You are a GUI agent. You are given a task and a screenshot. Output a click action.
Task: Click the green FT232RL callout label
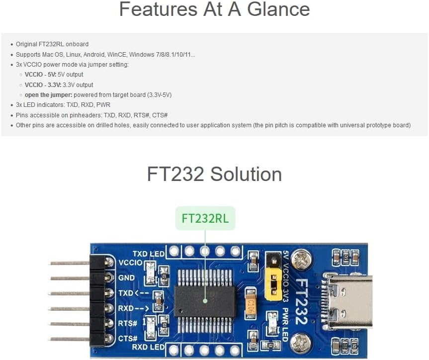205,218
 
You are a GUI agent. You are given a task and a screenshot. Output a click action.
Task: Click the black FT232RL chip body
205,301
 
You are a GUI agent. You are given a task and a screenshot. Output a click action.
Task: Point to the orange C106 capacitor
251,304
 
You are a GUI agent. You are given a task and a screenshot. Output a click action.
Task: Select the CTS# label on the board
128,339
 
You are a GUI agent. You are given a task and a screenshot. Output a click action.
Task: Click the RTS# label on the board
128,324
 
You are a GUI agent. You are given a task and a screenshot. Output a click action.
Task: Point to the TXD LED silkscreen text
148,254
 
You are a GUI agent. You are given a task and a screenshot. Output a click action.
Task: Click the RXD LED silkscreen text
148,347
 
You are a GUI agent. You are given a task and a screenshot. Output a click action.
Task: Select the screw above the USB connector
301,258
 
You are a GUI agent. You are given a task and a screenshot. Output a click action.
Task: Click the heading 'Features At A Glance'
214,10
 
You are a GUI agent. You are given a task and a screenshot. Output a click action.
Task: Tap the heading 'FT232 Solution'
214,174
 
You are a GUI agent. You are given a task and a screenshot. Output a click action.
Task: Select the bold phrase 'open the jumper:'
48,95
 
